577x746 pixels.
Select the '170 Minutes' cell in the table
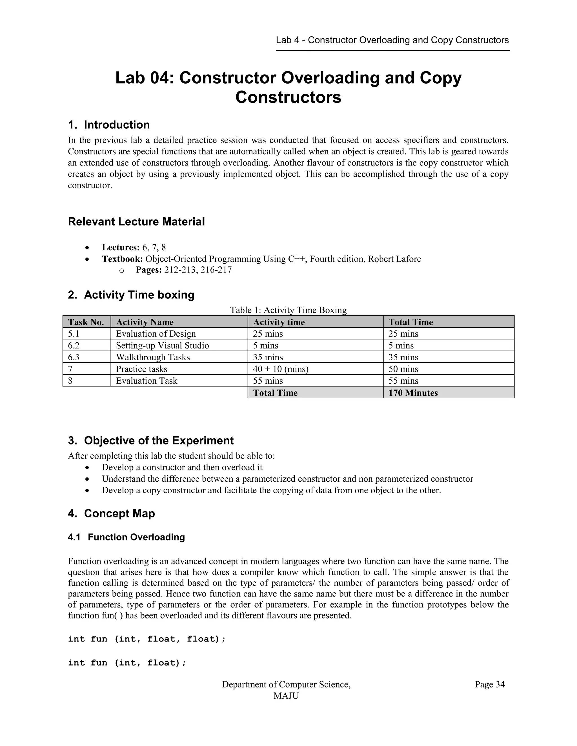point(413,393)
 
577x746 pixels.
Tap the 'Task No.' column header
point(86,322)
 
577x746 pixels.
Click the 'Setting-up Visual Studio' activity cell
point(162,345)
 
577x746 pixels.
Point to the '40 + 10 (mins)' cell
point(281,369)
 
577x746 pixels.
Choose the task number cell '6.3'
point(74,357)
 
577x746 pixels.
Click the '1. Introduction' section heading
point(109,125)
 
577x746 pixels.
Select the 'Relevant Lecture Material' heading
point(136,222)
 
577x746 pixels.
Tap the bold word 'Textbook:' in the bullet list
point(122,259)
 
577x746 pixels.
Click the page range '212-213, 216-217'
point(198,270)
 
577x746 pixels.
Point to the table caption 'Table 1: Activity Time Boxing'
point(288,310)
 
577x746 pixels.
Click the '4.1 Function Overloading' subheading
point(126,537)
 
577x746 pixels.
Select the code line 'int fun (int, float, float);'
point(147,639)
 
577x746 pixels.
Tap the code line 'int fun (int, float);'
point(127,663)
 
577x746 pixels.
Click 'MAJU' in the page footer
point(286,696)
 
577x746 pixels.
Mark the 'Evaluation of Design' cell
point(156,334)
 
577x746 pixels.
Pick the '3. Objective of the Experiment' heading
point(150,441)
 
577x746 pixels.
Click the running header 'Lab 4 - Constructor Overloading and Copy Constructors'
point(392,40)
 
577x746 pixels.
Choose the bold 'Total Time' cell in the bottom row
point(275,393)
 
